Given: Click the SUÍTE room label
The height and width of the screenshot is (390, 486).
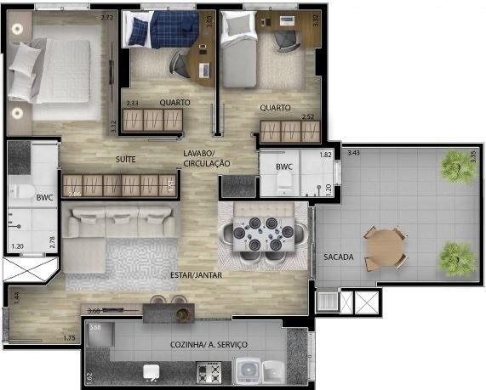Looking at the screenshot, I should click(127, 159).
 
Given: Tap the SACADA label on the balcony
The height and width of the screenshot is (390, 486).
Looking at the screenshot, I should click(338, 257).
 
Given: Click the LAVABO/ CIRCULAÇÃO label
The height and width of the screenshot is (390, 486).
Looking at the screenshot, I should click(207, 158).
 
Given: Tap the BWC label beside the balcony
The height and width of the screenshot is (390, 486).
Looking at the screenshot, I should click(283, 167).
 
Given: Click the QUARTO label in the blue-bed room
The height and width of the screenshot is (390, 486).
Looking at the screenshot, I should click(174, 103).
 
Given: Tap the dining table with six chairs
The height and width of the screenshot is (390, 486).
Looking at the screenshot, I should click(261, 233).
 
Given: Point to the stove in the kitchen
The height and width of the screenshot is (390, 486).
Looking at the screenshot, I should click(209, 372).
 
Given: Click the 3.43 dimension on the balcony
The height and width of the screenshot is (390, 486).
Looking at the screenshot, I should click(354, 153).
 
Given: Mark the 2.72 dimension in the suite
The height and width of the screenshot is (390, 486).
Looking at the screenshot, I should click(106, 17).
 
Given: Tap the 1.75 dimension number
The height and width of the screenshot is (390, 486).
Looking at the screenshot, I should click(70, 339).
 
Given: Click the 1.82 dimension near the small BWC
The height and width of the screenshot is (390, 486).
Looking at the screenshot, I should click(325, 155).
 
